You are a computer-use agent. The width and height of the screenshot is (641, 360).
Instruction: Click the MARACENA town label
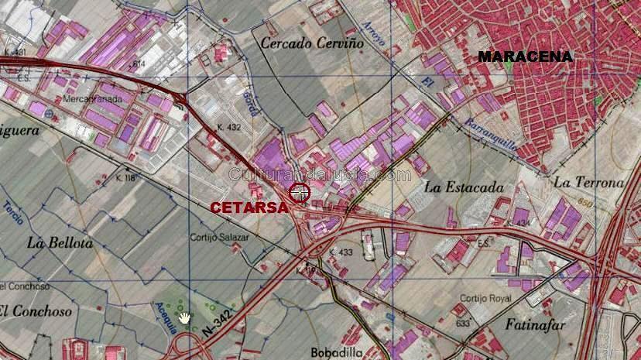click(526, 57)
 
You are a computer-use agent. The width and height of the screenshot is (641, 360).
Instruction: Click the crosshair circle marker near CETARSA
click(300, 192)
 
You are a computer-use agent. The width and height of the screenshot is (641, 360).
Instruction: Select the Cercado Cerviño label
click(311, 43)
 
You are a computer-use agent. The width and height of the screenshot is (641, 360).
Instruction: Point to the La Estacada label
click(464, 187)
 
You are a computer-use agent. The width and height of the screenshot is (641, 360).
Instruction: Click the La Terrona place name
click(589, 183)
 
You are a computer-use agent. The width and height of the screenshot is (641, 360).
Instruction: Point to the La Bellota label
click(60, 242)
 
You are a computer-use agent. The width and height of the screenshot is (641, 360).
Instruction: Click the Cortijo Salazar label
click(220, 237)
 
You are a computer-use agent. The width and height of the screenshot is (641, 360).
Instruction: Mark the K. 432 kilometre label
click(231, 127)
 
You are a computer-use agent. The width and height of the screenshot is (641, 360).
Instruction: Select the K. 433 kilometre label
click(341, 252)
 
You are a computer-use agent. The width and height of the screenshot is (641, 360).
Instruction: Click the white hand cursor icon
click(185, 317)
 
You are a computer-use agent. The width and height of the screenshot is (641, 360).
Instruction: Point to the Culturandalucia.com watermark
click(320, 176)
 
